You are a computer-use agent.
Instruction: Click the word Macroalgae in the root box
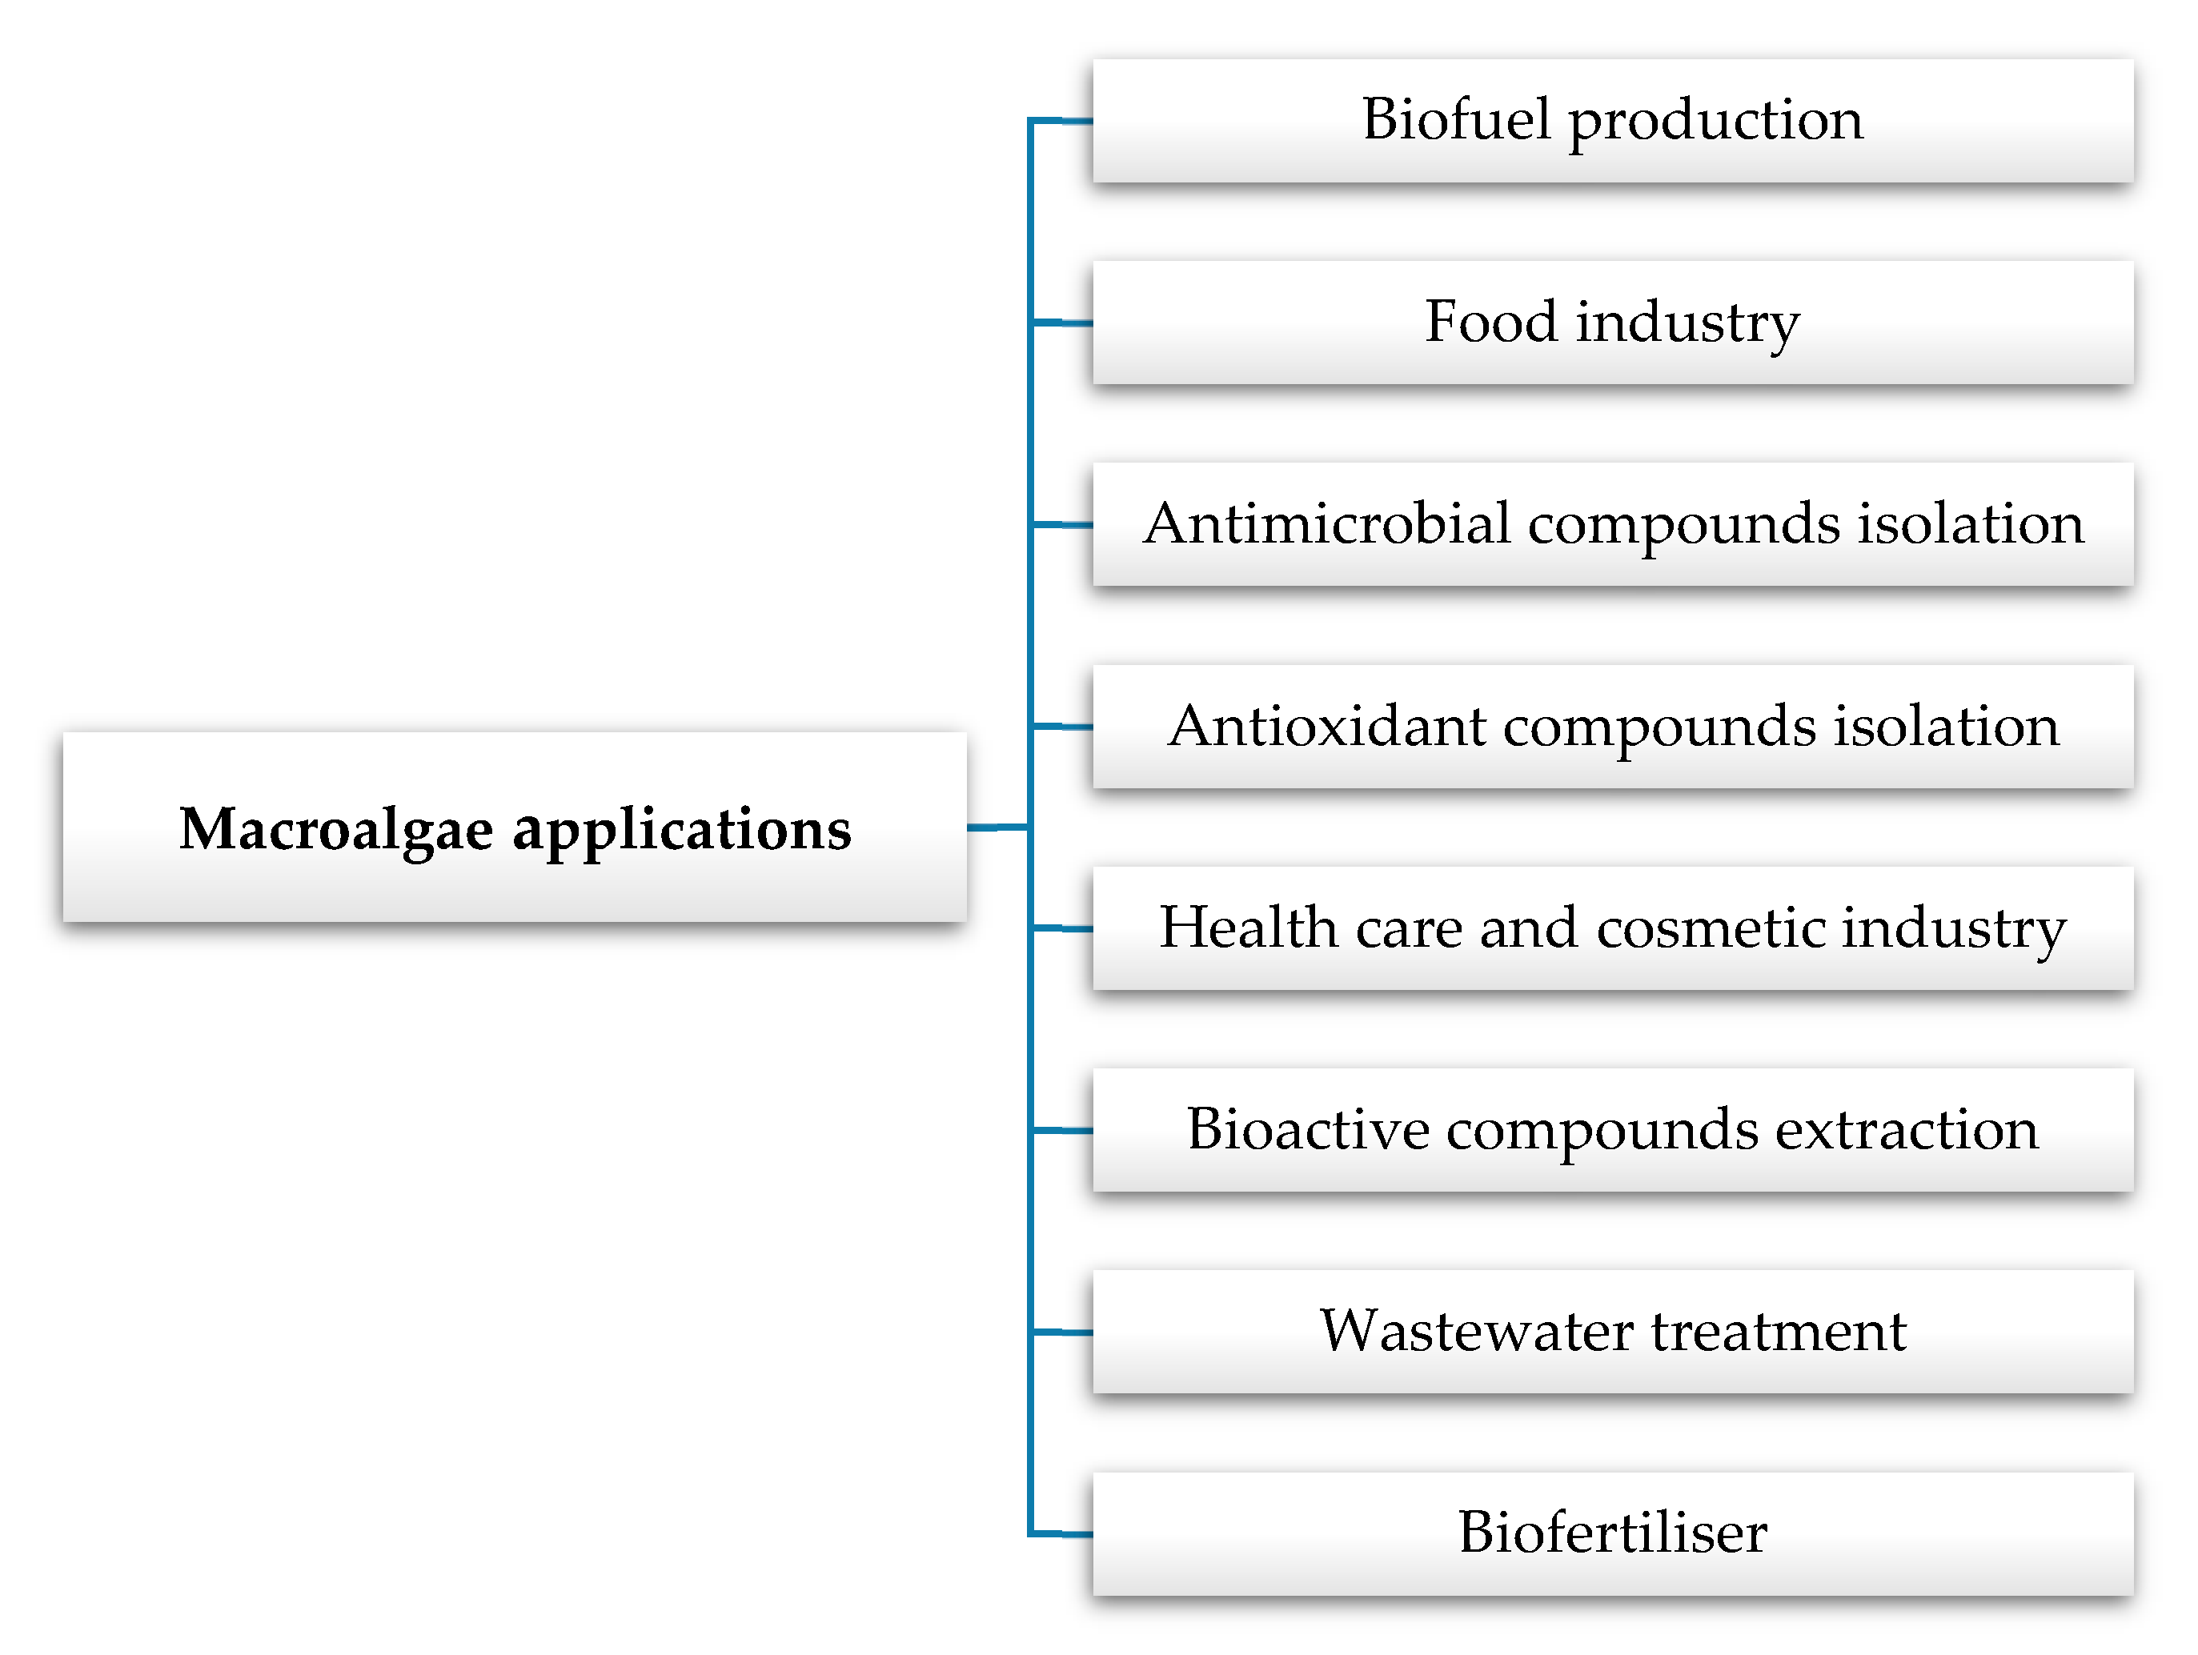[336, 828]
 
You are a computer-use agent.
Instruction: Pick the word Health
[1248, 928]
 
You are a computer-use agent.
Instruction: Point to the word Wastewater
[1474, 1331]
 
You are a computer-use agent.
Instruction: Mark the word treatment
[1779, 1331]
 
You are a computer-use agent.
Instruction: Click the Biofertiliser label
[1612, 1533]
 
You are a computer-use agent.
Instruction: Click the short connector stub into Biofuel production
[1062, 121]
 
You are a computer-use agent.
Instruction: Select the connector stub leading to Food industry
[1062, 323]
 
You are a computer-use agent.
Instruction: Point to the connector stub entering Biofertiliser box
[1062, 1534]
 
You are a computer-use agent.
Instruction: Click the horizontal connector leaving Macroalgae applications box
[997, 827]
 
